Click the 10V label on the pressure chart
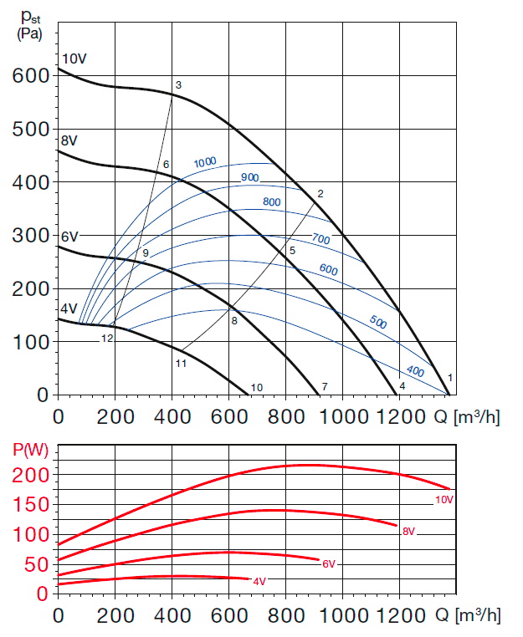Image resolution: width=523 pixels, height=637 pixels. [74, 59]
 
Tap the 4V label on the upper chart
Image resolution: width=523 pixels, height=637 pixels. [68, 308]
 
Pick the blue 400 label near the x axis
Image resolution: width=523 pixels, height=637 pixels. [416, 370]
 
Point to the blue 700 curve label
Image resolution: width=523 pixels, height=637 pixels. [321, 239]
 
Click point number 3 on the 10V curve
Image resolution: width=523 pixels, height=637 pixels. [178, 85]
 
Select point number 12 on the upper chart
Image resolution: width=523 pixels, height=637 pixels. [107, 339]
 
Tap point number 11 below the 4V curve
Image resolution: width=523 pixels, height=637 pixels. [180, 364]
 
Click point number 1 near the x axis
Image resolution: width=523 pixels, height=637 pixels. [450, 378]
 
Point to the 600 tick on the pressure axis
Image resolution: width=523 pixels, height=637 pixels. [31, 74]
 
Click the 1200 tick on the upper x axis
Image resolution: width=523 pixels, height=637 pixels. [399, 415]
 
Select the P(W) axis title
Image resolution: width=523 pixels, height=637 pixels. [30, 448]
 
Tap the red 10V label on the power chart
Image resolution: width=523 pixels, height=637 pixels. [444, 500]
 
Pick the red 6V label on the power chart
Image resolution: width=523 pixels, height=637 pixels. [330, 563]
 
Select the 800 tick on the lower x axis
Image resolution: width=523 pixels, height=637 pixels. [285, 616]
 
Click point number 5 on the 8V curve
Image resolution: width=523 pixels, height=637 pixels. [293, 251]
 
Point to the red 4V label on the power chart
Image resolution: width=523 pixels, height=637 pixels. [259, 581]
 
